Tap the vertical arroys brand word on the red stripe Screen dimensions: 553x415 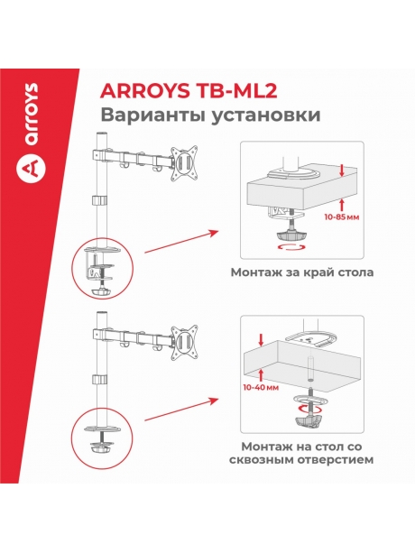pyautogui.click(x=32, y=109)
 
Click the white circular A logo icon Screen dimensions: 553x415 pyautogui.click(x=32, y=168)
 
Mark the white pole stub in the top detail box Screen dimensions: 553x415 pyautogui.click(x=291, y=158)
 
